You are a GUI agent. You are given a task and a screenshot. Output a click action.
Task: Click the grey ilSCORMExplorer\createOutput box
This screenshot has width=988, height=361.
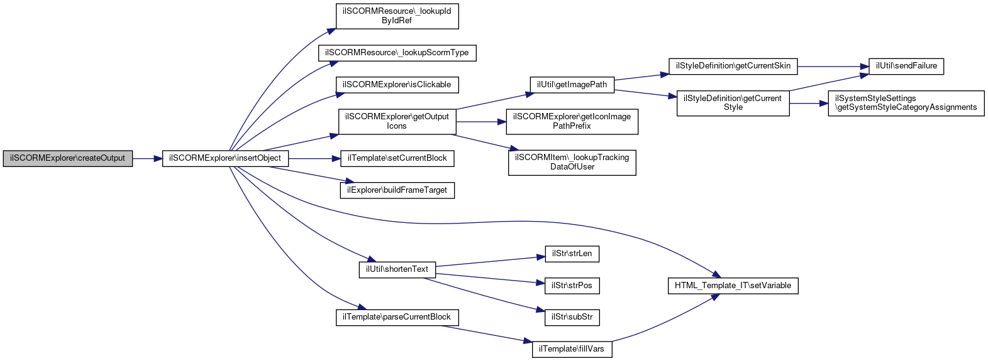pyautogui.click(x=67, y=158)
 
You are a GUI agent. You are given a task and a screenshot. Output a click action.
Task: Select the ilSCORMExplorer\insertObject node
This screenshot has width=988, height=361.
pyautogui.click(x=225, y=158)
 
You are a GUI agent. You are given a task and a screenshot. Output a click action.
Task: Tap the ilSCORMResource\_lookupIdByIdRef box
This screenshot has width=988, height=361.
pyautogui.click(x=397, y=16)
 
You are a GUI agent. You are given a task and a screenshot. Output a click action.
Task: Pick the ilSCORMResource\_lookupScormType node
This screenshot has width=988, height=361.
pyautogui.click(x=397, y=53)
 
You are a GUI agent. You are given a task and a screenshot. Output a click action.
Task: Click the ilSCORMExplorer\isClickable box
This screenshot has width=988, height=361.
pyautogui.click(x=397, y=85)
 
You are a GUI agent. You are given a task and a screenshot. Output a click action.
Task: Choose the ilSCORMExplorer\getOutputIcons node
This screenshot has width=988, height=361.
pyautogui.click(x=397, y=122)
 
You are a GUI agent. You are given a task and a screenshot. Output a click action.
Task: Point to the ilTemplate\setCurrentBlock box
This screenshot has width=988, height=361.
pyautogui.click(x=397, y=158)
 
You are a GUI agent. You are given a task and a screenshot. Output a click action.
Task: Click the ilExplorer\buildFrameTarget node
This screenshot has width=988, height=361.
pyautogui.click(x=397, y=190)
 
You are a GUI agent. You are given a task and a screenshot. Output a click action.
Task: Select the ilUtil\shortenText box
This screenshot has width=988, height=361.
pyautogui.click(x=397, y=269)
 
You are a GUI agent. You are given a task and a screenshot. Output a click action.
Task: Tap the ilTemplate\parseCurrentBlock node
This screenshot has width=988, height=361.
pyautogui.click(x=397, y=318)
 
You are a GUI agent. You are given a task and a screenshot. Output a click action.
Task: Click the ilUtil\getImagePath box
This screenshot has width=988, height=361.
pyautogui.click(x=572, y=85)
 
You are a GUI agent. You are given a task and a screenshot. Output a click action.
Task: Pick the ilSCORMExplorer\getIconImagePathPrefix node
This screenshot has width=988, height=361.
pyautogui.click(x=572, y=122)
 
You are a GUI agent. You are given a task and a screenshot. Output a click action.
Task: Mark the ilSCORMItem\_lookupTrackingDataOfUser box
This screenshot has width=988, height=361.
pyautogui.click(x=572, y=163)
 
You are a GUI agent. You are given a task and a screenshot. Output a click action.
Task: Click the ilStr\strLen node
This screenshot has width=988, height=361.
pyautogui.click(x=572, y=254)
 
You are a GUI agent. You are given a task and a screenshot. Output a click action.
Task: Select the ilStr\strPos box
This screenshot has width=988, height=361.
pyautogui.click(x=572, y=285)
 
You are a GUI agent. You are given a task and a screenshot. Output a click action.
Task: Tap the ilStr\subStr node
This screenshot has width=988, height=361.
pyautogui.click(x=572, y=318)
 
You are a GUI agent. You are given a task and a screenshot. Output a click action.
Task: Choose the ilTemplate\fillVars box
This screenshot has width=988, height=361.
pyautogui.click(x=572, y=349)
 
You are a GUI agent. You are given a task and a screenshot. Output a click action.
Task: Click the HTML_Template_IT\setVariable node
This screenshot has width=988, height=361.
pyautogui.click(x=733, y=286)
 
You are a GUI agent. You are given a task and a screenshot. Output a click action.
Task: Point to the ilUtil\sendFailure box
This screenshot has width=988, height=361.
pyautogui.click(x=906, y=67)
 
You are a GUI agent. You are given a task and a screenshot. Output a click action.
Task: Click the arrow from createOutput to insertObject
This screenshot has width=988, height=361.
pyautogui.click(x=147, y=158)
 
